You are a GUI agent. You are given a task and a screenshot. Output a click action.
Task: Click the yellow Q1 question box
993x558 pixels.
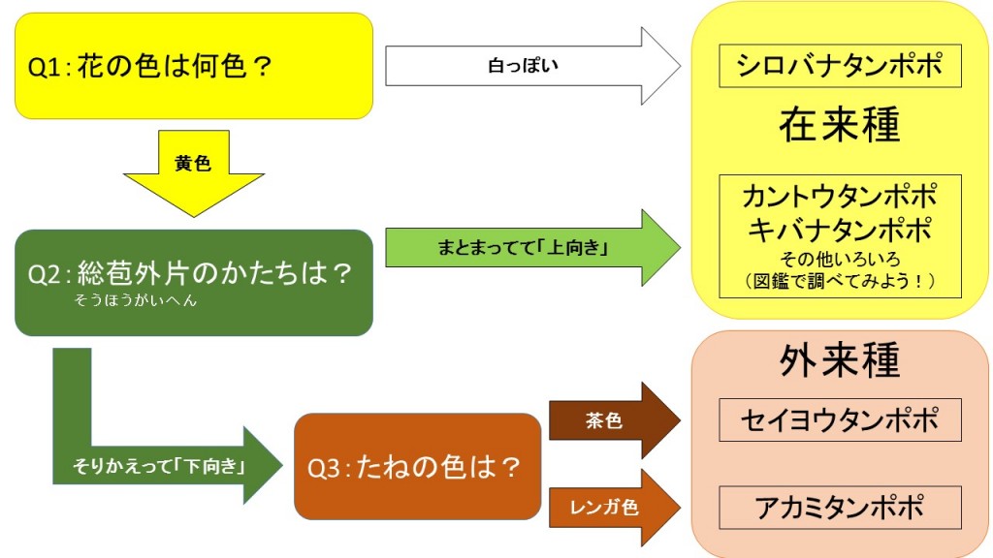(x=194, y=66)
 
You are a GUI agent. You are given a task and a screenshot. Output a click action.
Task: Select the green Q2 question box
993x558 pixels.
(x=194, y=282)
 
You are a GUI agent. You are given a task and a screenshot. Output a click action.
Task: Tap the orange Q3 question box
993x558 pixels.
(x=417, y=467)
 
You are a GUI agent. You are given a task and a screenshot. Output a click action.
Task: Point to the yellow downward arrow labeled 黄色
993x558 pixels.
(x=193, y=170)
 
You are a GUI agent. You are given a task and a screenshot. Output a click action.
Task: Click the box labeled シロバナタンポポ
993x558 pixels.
(x=840, y=66)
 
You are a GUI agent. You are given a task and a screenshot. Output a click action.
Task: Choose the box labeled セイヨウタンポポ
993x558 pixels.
(x=840, y=419)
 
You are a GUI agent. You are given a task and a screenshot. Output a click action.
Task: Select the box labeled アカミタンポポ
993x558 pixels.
(x=840, y=507)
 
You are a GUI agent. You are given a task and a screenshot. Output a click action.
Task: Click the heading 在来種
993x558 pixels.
(x=840, y=125)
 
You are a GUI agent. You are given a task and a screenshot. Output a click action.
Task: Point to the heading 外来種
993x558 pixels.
(x=840, y=360)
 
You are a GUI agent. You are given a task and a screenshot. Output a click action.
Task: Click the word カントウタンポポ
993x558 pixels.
(x=840, y=198)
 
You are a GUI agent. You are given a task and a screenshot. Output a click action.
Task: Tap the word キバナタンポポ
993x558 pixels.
(x=840, y=231)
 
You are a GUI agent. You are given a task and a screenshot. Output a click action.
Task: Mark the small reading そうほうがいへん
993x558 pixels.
(x=135, y=301)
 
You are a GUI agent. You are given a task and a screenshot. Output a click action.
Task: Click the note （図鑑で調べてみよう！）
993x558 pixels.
(x=840, y=281)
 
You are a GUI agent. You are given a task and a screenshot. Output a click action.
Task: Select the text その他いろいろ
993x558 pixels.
(x=840, y=259)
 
